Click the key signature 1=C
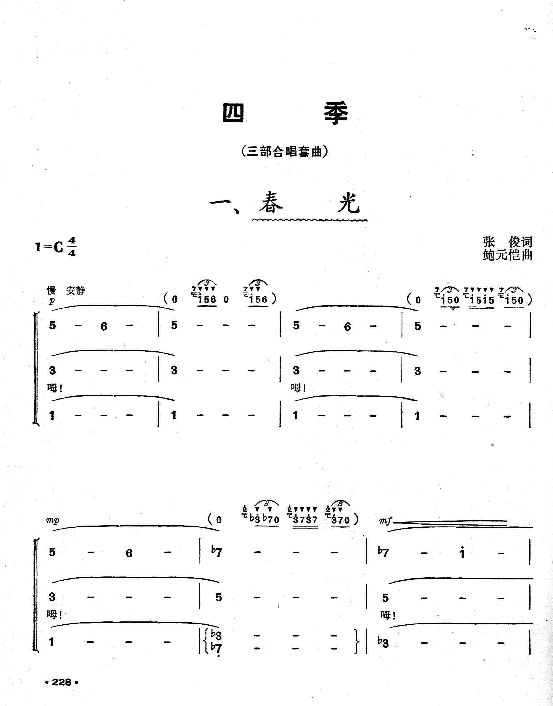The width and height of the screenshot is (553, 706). coord(49,247)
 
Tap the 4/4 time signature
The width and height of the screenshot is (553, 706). coord(72,247)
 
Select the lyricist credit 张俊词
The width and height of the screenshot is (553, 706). coord(507,241)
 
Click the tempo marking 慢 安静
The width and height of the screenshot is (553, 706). coord(66,290)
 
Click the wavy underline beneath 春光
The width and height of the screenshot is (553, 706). coord(309,220)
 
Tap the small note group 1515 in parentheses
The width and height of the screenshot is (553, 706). coord(481,300)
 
